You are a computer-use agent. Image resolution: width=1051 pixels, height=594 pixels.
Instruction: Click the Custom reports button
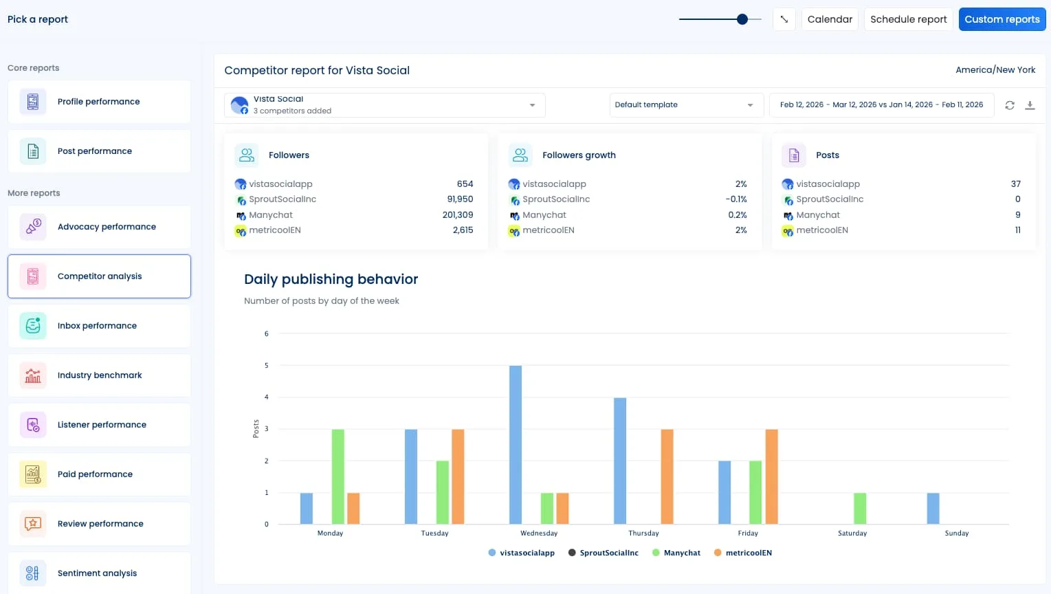click(1002, 19)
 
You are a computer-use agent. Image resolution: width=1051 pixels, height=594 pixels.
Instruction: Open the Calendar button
click(830, 19)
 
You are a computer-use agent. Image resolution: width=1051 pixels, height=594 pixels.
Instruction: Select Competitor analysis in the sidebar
click(99, 276)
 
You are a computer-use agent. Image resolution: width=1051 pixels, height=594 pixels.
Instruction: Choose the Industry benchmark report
click(99, 375)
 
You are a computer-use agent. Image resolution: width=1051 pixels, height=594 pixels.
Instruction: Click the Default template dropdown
click(685, 105)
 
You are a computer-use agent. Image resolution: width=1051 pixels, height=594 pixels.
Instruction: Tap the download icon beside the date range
click(1030, 105)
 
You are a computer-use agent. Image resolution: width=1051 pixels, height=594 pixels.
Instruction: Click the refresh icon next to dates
click(1009, 105)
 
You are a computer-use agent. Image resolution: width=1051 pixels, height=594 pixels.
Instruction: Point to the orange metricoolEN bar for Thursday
click(667, 476)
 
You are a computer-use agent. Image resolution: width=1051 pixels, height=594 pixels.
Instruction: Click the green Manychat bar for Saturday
click(859, 508)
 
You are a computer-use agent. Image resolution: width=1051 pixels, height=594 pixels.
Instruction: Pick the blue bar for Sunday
click(933, 508)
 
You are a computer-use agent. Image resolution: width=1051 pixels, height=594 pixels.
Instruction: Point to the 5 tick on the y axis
click(267, 366)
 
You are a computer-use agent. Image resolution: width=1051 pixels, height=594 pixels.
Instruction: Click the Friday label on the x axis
click(748, 533)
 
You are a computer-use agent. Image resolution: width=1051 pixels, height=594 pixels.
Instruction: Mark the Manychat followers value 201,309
click(458, 215)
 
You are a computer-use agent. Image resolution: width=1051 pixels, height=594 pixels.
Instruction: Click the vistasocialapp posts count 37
click(1015, 184)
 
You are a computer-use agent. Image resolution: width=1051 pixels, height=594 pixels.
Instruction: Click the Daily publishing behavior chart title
click(331, 279)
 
